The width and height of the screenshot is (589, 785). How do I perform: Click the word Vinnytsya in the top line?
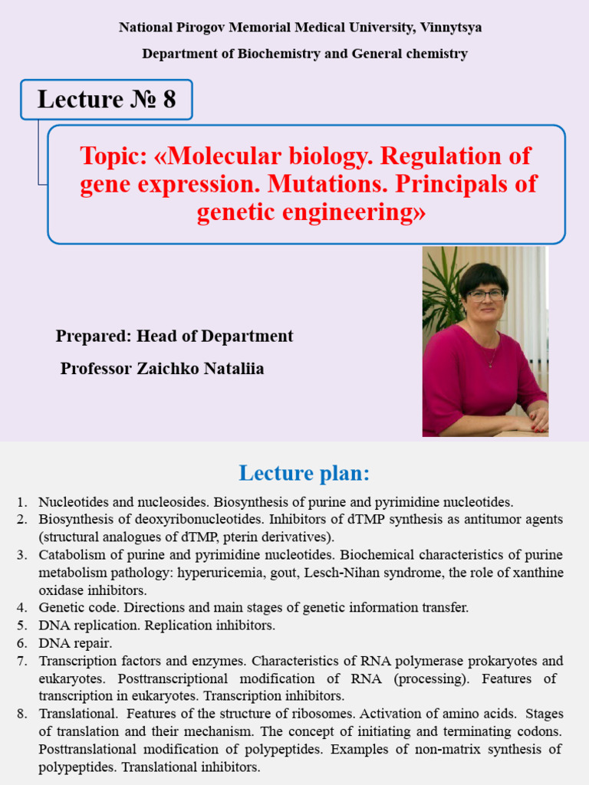pyautogui.click(x=451, y=28)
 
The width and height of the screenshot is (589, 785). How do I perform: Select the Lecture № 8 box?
pyautogui.click(x=107, y=100)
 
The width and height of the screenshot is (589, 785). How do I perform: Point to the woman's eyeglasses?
pyautogui.click(x=485, y=294)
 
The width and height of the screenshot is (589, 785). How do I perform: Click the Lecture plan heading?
pyautogui.click(x=304, y=473)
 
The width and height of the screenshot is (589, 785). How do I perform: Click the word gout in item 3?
pyautogui.click(x=322, y=573)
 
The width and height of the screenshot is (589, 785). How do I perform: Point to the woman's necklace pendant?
pyautogui.click(x=489, y=363)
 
